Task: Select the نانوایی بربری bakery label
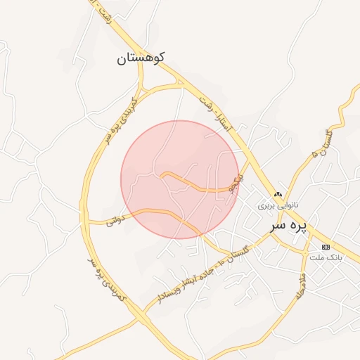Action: coord(278,206)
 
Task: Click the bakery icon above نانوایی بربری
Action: coord(278,195)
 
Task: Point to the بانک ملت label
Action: coord(326,257)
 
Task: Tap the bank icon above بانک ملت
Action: coord(326,247)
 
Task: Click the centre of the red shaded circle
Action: coord(180,179)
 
